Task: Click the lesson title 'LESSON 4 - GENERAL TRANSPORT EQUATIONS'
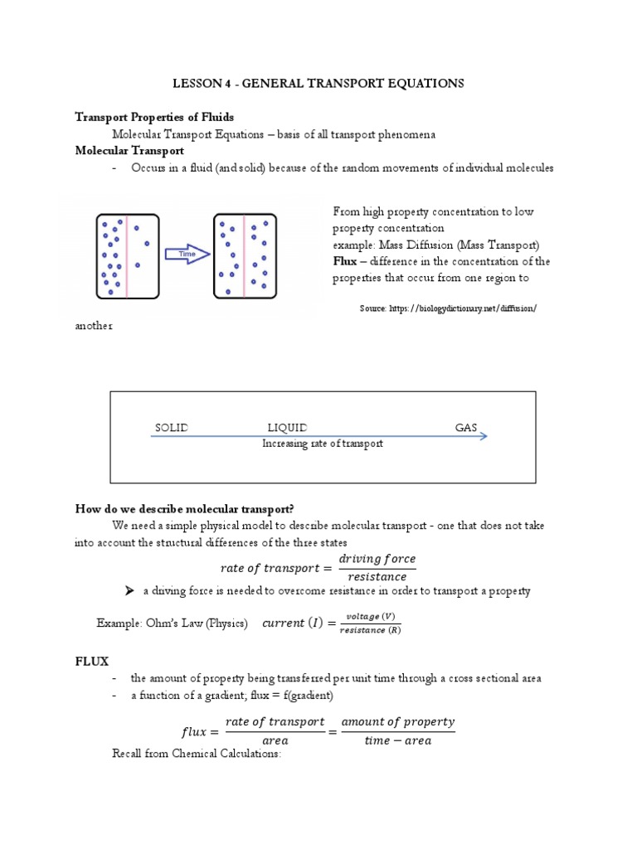(x=318, y=84)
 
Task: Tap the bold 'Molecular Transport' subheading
(x=129, y=151)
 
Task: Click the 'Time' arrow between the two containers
(x=187, y=255)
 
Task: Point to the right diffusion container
(x=246, y=255)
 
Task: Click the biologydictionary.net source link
(x=449, y=308)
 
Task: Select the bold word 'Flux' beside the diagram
(x=345, y=261)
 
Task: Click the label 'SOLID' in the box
(x=172, y=428)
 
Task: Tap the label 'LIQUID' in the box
(x=288, y=428)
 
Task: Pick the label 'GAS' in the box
(x=466, y=428)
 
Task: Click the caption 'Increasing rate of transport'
(x=323, y=444)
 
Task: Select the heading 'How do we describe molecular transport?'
(x=197, y=508)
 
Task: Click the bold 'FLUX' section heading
(x=92, y=660)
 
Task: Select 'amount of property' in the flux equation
(x=398, y=721)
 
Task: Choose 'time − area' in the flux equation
(x=398, y=740)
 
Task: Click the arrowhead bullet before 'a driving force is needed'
(x=129, y=591)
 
